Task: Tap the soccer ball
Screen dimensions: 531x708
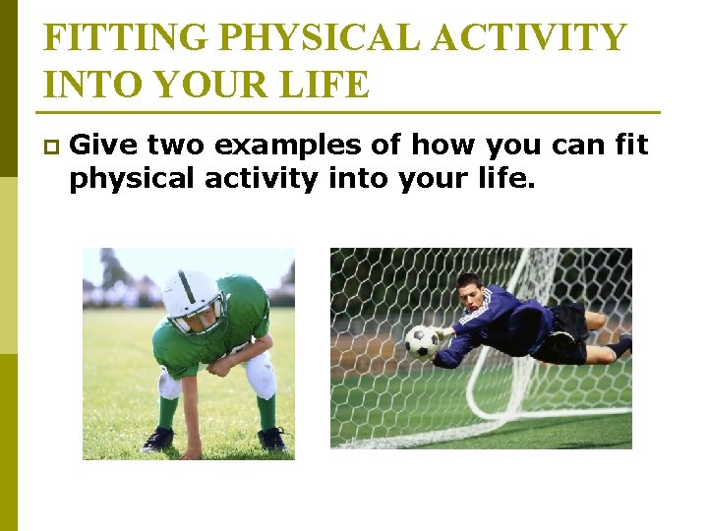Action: point(422,341)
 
